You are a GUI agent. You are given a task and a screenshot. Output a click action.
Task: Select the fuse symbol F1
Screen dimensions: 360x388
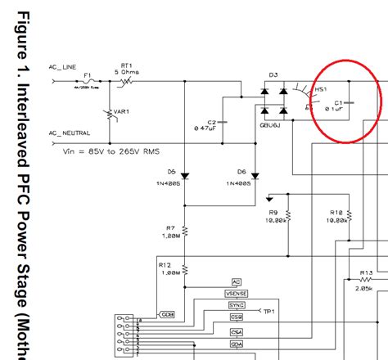[x=89, y=83]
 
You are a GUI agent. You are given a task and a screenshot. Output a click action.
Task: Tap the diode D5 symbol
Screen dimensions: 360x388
[x=186, y=175]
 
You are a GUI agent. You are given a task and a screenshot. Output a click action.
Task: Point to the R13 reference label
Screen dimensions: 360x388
[x=366, y=272]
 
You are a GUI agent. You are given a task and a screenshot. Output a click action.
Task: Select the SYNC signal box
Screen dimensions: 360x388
[x=236, y=304]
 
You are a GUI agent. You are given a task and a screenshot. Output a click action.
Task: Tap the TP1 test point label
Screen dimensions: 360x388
[x=268, y=312]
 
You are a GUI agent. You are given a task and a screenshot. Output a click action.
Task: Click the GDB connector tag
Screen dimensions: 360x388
[x=167, y=314]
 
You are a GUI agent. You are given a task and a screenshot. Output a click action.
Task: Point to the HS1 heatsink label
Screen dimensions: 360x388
[x=321, y=88]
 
